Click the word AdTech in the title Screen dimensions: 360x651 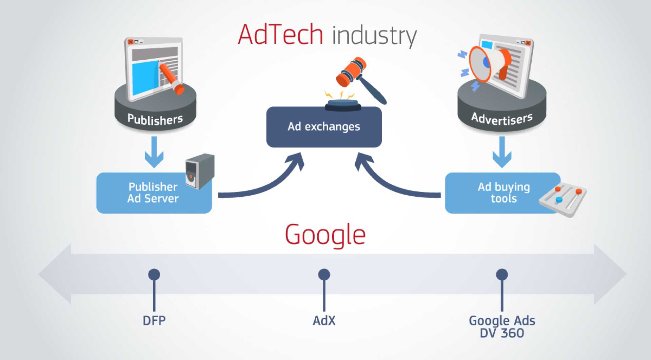point(280,35)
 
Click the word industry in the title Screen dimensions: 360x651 point(374,36)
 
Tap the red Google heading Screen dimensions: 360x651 point(325,235)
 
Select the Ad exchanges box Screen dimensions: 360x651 point(324,127)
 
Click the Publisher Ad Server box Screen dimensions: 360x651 point(153,193)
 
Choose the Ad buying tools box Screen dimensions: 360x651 point(503,193)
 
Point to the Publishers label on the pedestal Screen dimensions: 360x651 point(155,119)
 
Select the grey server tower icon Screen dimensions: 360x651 point(200,171)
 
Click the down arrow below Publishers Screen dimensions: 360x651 point(154,153)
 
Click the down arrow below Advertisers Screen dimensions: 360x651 point(502,153)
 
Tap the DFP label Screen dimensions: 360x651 point(154,320)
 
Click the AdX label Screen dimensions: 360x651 point(324,320)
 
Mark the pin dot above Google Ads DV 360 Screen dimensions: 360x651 point(502,275)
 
